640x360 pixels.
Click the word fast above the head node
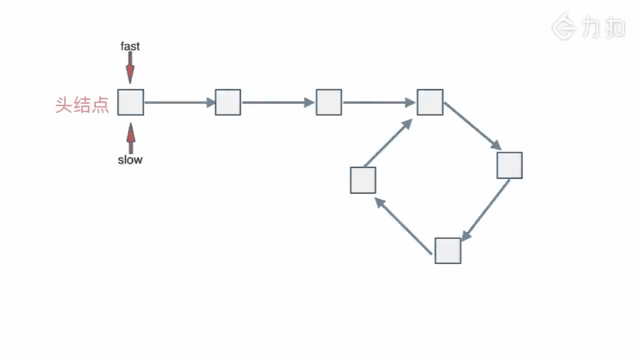pos(130,46)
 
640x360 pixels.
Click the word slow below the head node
pos(130,160)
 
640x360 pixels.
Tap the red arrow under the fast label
pos(130,67)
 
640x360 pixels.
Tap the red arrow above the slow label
pos(130,138)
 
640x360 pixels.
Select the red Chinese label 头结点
pos(82,105)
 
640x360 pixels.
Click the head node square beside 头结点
pos(130,102)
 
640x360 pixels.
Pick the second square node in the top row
pos(228,102)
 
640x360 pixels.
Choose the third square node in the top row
pos(329,102)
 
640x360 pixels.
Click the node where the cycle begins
pos(430,102)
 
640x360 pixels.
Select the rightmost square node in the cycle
pos(509,165)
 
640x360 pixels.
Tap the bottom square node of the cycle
pos(447,250)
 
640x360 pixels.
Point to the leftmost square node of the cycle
pos(363,180)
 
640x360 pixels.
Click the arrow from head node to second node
pos(179,102)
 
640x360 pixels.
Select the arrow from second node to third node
pos(278,102)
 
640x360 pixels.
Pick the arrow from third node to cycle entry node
pos(379,102)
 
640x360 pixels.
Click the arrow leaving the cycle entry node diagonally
pos(472,126)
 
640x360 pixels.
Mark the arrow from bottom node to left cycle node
pos(403,225)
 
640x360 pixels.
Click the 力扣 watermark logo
pos(588,26)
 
